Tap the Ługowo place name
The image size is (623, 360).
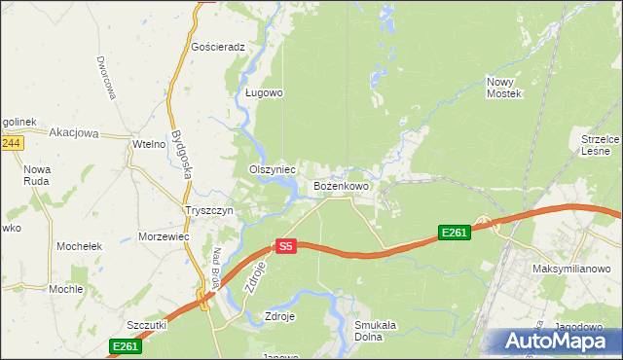(x=263, y=93)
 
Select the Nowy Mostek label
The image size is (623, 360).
(x=504, y=89)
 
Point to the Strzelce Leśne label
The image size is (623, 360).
(x=600, y=145)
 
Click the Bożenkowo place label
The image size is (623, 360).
(x=341, y=185)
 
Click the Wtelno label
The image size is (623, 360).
(x=149, y=145)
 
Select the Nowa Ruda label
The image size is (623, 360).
(x=37, y=175)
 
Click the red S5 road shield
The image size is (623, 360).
(x=285, y=247)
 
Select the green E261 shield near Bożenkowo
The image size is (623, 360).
(x=455, y=233)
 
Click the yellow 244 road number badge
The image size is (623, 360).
(x=11, y=143)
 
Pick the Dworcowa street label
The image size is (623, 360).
(x=106, y=78)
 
